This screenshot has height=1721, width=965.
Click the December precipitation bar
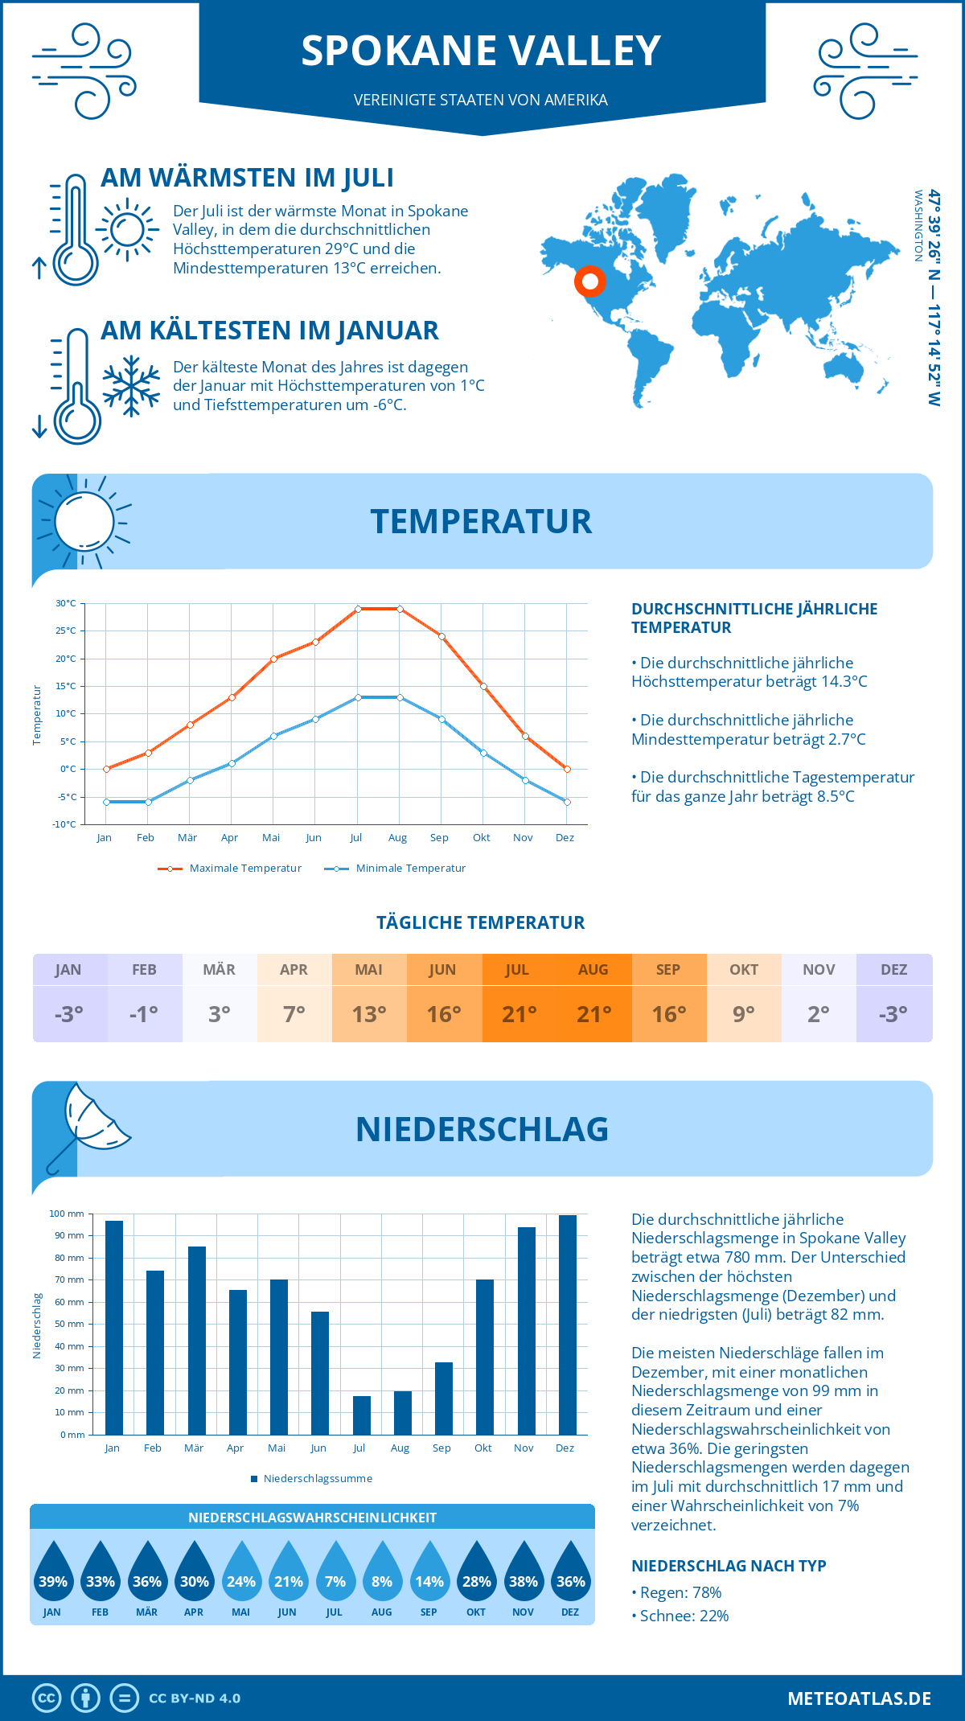coord(567,1325)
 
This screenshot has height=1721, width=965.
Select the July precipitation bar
coord(361,1415)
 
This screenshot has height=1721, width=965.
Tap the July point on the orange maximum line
coord(358,609)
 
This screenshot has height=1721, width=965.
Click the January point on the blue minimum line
coord(106,802)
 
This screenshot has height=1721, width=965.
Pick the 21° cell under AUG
coord(593,1014)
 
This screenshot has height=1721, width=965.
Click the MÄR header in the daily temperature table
coord(219,970)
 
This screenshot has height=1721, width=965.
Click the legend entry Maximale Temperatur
coord(230,869)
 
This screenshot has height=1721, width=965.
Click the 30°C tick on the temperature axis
coord(66,603)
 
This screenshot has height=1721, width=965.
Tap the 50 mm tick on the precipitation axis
coord(70,1324)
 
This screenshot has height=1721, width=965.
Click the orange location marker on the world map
coord(590,281)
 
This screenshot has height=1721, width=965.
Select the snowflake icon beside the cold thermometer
coord(131,386)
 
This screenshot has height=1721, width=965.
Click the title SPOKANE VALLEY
coord(481,51)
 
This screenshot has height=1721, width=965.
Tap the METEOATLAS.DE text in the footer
coord(859,1698)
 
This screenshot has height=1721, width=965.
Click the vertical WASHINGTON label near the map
coord(918,226)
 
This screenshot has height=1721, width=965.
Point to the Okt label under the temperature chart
coord(481,838)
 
